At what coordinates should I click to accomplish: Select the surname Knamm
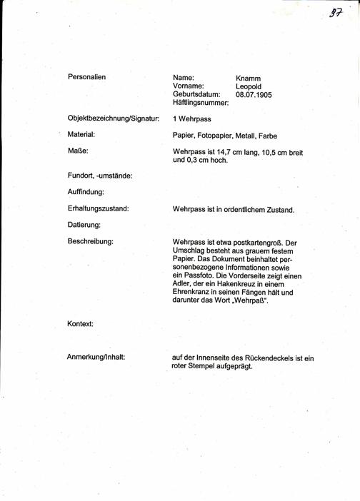tap(248, 77)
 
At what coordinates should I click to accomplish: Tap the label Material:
tap(81, 134)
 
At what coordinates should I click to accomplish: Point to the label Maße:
tap(77, 151)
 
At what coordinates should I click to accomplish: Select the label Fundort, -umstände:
tap(100, 176)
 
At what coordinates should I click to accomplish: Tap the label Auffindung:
tap(86, 192)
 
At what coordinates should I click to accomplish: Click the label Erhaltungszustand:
tap(98, 209)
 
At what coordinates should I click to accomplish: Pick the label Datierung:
tap(84, 226)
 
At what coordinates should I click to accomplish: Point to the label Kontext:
tap(81, 323)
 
